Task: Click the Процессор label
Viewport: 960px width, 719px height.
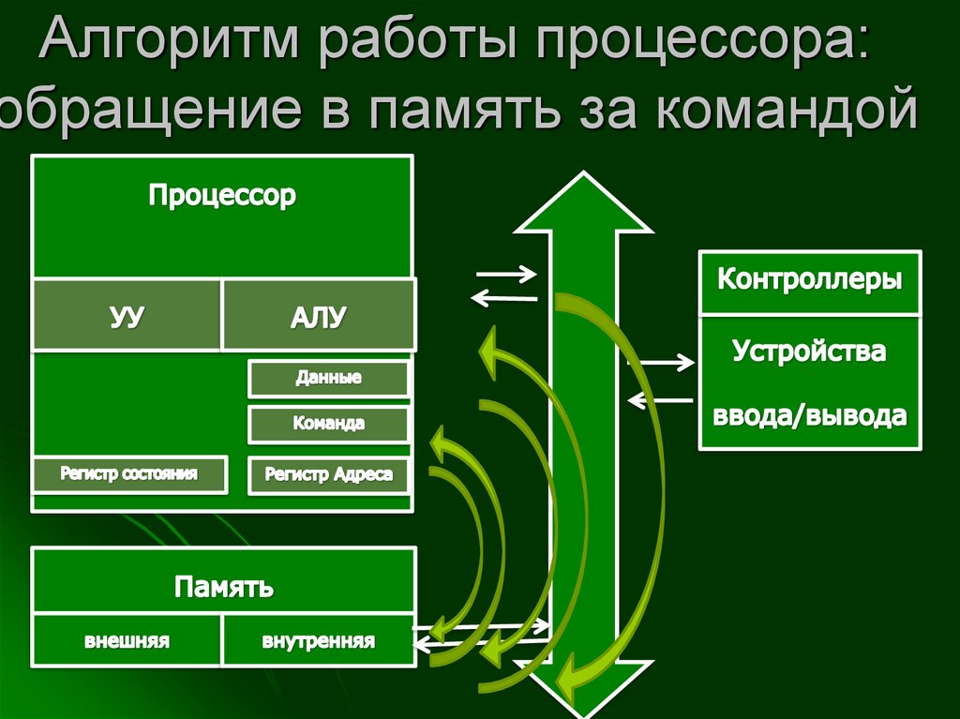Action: (x=222, y=196)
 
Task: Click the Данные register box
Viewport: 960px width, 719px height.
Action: (x=328, y=379)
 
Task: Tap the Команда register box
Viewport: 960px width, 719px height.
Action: (x=328, y=424)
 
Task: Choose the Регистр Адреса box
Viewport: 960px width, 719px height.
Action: (x=328, y=474)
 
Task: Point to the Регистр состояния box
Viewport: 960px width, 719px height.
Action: (x=129, y=474)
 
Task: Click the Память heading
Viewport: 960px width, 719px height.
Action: (x=223, y=588)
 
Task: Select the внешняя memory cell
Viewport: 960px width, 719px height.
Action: (x=127, y=642)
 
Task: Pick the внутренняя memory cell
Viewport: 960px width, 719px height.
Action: (x=318, y=642)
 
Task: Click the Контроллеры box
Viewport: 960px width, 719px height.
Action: (x=810, y=281)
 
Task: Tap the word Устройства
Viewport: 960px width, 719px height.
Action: (x=810, y=353)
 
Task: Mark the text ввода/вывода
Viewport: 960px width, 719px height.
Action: (x=810, y=415)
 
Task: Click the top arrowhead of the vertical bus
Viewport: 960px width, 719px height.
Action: (x=583, y=202)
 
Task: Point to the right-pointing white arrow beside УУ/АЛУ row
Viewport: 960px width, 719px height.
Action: (x=506, y=275)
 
